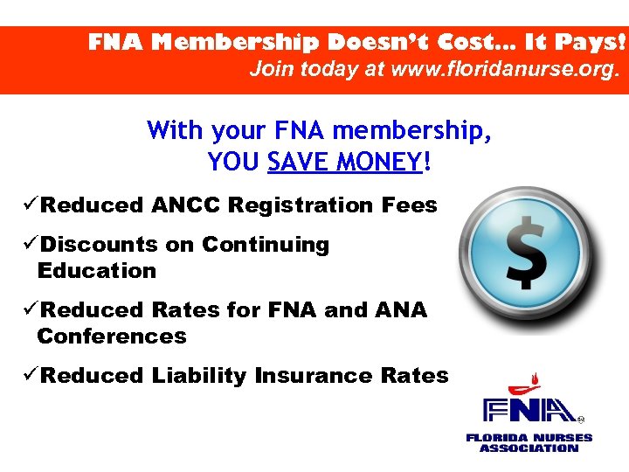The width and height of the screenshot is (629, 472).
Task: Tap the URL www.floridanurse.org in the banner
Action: point(502,69)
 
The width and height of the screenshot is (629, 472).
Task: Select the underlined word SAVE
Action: point(297,163)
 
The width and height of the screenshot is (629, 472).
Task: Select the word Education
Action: point(96,271)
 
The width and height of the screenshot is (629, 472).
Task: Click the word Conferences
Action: point(112,337)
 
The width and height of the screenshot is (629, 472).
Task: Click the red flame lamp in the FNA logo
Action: point(522,384)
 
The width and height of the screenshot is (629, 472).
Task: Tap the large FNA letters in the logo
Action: point(529,411)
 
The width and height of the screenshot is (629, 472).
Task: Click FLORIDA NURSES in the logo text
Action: point(529,437)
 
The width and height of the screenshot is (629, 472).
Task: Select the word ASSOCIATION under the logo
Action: point(529,448)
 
